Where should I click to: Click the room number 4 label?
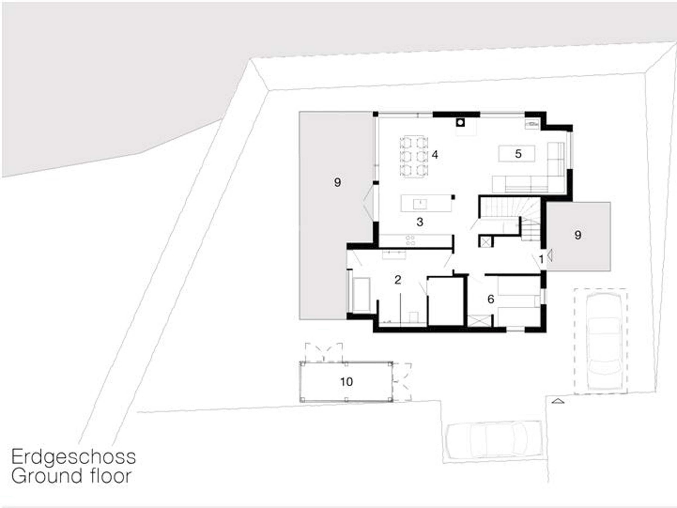(x=435, y=155)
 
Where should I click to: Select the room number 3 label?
(x=420, y=222)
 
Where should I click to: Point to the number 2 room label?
(x=398, y=280)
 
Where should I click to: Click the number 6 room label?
(x=491, y=299)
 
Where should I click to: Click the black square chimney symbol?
(x=460, y=123)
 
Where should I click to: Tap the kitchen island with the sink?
(x=426, y=203)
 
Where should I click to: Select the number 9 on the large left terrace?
(x=337, y=182)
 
